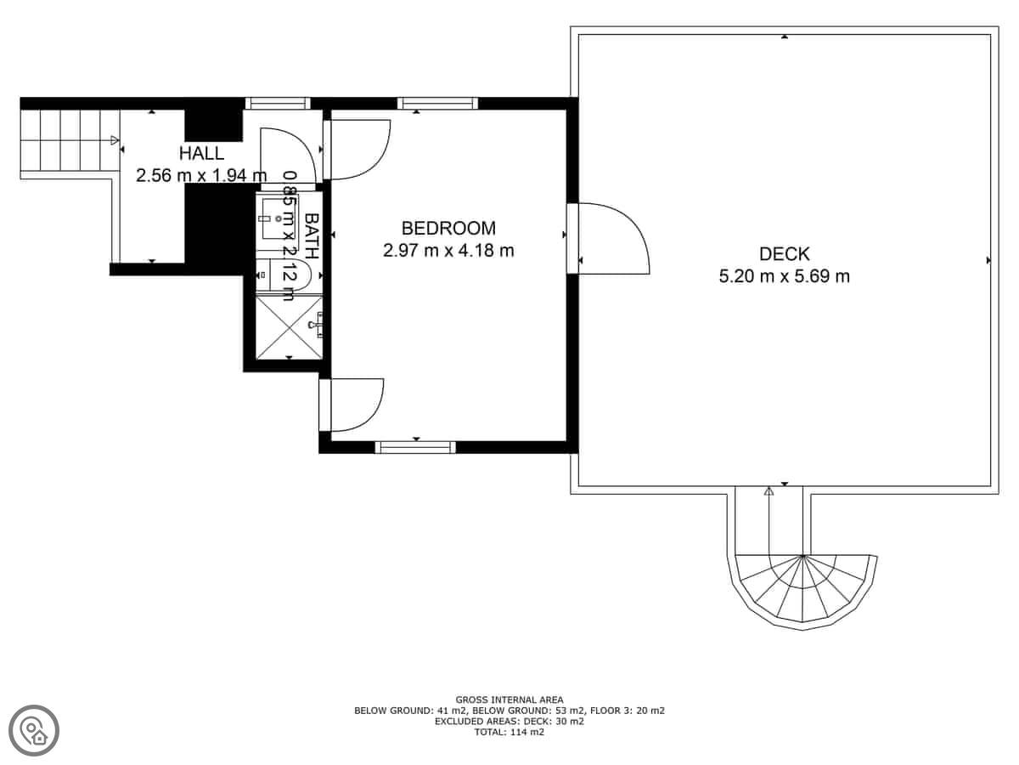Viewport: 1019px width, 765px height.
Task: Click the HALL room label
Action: pos(201,153)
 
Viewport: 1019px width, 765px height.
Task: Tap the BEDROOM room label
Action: pos(448,229)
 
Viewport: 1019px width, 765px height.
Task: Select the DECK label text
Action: pos(785,254)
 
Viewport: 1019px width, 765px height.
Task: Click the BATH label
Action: pos(312,235)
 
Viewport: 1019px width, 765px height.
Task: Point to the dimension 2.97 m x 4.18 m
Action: pos(448,251)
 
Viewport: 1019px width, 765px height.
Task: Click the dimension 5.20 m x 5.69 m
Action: pos(785,276)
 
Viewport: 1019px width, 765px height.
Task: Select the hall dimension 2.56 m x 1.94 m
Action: pos(201,176)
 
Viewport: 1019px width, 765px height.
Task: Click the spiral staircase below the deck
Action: pos(802,591)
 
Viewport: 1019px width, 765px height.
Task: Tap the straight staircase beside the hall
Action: pos(70,139)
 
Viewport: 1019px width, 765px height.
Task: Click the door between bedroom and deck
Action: pos(608,238)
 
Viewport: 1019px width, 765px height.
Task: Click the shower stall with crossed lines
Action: pos(290,327)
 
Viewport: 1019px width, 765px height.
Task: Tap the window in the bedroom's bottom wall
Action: pos(415,447)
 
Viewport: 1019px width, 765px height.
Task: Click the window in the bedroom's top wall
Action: pos(438,103)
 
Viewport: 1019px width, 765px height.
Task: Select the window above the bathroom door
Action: pos(278,103)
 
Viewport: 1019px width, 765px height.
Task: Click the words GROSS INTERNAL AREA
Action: pos(509,700)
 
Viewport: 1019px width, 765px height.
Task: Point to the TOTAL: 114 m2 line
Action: pos(509,732)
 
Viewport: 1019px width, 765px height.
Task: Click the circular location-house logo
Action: pos(34,730)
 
